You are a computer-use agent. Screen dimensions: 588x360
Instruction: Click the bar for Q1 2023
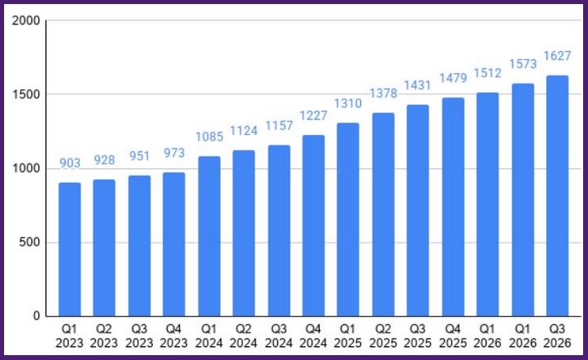tap(70, 249)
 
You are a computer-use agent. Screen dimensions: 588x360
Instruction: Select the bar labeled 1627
tap(557, 196)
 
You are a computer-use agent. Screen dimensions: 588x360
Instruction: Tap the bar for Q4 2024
tap(313, 226)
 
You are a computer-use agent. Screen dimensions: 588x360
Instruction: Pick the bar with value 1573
tap(523, 200)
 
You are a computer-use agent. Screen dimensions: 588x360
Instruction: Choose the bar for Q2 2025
tap(383, 215)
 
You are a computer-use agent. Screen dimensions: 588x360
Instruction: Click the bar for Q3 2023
tap(140, 245)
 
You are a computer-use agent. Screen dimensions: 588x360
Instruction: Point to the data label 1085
tap(209, 137)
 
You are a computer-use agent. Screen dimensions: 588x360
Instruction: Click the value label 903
tap(70, 163)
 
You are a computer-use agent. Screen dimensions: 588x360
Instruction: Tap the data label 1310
tap(348, 103)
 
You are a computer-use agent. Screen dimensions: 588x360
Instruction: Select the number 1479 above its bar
tap(453, 78)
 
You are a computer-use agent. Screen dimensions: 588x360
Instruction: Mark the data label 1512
tap(487, 73)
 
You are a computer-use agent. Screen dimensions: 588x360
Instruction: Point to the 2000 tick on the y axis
tap(26, 20)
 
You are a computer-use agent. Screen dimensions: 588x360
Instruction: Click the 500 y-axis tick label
tap(29, 242)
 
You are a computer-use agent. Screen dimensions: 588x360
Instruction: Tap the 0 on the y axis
tap(37, 316)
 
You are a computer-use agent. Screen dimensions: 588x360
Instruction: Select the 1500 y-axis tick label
tap(26, 94)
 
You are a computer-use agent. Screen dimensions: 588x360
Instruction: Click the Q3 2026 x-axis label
tap(557, 336)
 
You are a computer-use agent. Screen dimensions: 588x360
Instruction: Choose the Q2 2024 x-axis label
tap(244, 336)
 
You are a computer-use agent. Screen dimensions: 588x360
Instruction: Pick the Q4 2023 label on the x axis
tap(174, 336)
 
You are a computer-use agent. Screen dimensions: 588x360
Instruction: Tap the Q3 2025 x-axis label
tap(418, 336)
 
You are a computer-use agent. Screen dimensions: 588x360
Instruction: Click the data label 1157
tap(279, 125)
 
